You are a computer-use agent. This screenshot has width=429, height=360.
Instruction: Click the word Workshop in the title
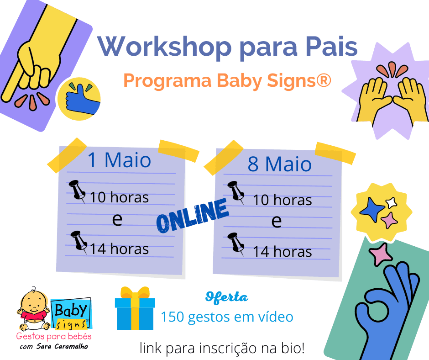tap(165, 47)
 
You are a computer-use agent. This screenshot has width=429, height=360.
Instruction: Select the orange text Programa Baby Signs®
tap(227, 80)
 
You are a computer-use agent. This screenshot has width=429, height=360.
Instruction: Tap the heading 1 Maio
tap(119, 160)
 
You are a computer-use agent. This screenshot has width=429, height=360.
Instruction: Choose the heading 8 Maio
tap(279, 164)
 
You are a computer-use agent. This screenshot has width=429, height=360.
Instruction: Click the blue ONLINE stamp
tap(193, 216)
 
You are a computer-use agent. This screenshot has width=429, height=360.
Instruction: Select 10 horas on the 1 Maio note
tap(119, 197)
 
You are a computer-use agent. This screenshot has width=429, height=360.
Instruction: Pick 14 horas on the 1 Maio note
tap(119, 249)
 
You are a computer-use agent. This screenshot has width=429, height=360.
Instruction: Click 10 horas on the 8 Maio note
tap(283, 200)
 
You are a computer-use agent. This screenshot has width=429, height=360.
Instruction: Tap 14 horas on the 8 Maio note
tap(283, 252)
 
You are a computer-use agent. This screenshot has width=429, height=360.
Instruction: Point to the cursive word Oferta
tap(226, 297)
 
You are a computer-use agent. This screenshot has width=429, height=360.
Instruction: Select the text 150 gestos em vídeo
tap(227, 317)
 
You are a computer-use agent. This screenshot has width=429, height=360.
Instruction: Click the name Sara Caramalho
tap(62, 346)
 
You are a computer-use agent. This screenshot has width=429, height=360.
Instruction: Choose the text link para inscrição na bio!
tap(222, 348)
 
